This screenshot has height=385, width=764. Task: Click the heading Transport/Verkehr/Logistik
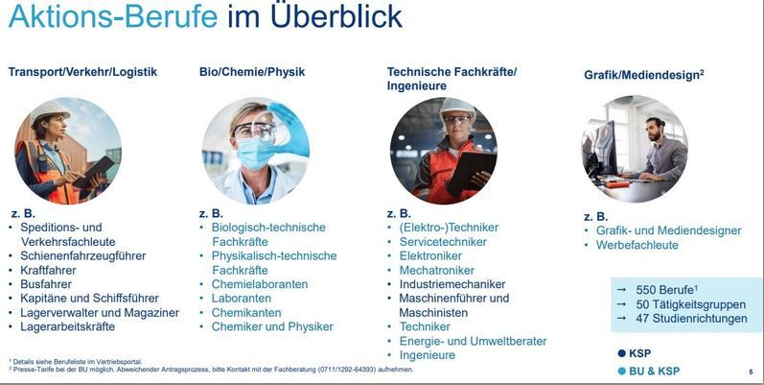[x=82, y=72]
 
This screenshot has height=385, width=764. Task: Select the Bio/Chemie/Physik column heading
[x=252, y=72]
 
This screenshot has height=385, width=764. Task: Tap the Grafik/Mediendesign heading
[x=643, y=75]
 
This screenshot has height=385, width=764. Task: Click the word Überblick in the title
[x=336, y=15]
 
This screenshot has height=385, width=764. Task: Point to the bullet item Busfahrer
[x=46, y=284]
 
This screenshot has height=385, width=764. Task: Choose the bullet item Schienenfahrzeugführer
[x=82, y=255]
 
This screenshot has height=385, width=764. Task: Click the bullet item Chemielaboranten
[x=260, y=284]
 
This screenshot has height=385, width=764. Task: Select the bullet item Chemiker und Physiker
[x=272, y=326]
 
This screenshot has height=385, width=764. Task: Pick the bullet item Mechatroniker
[x=437, y=270]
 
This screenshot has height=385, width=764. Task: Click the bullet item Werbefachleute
[x=637, y=245]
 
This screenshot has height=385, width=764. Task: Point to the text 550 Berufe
[x=664, y=290]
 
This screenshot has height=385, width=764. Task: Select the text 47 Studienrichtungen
[x=691, y=319]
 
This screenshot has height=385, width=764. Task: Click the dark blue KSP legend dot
[x=621, y=353]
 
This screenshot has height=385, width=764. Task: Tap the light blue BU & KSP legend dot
[x=621, y=371]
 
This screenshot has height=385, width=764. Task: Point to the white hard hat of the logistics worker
[x=49, y=110]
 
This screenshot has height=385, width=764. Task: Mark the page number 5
[x=751, y=373]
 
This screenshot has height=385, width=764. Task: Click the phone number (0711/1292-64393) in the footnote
[x=346, y=370]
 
